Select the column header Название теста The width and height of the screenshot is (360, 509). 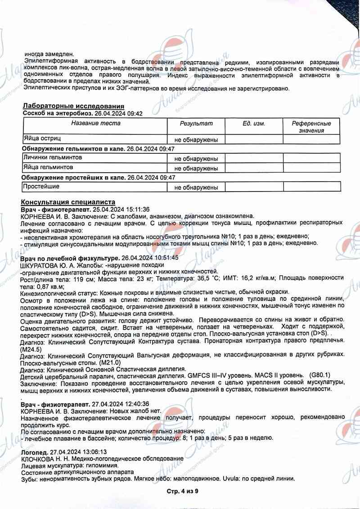pyautogui.click(x=95, y=123)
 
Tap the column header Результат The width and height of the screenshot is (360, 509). pyautogui.click(x=196, y=123)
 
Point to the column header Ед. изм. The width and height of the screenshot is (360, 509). pyautogui.click(x=254, y=123)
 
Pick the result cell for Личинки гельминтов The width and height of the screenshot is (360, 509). pyautogui.click(x=196, y=159)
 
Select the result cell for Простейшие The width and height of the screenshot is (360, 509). pyautogui.click(x=196, y=187)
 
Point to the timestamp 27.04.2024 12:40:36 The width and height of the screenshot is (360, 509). pyautogui.click(x=120, y=404)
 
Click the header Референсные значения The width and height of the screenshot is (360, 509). pyautogui.click(x=311, y=127)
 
